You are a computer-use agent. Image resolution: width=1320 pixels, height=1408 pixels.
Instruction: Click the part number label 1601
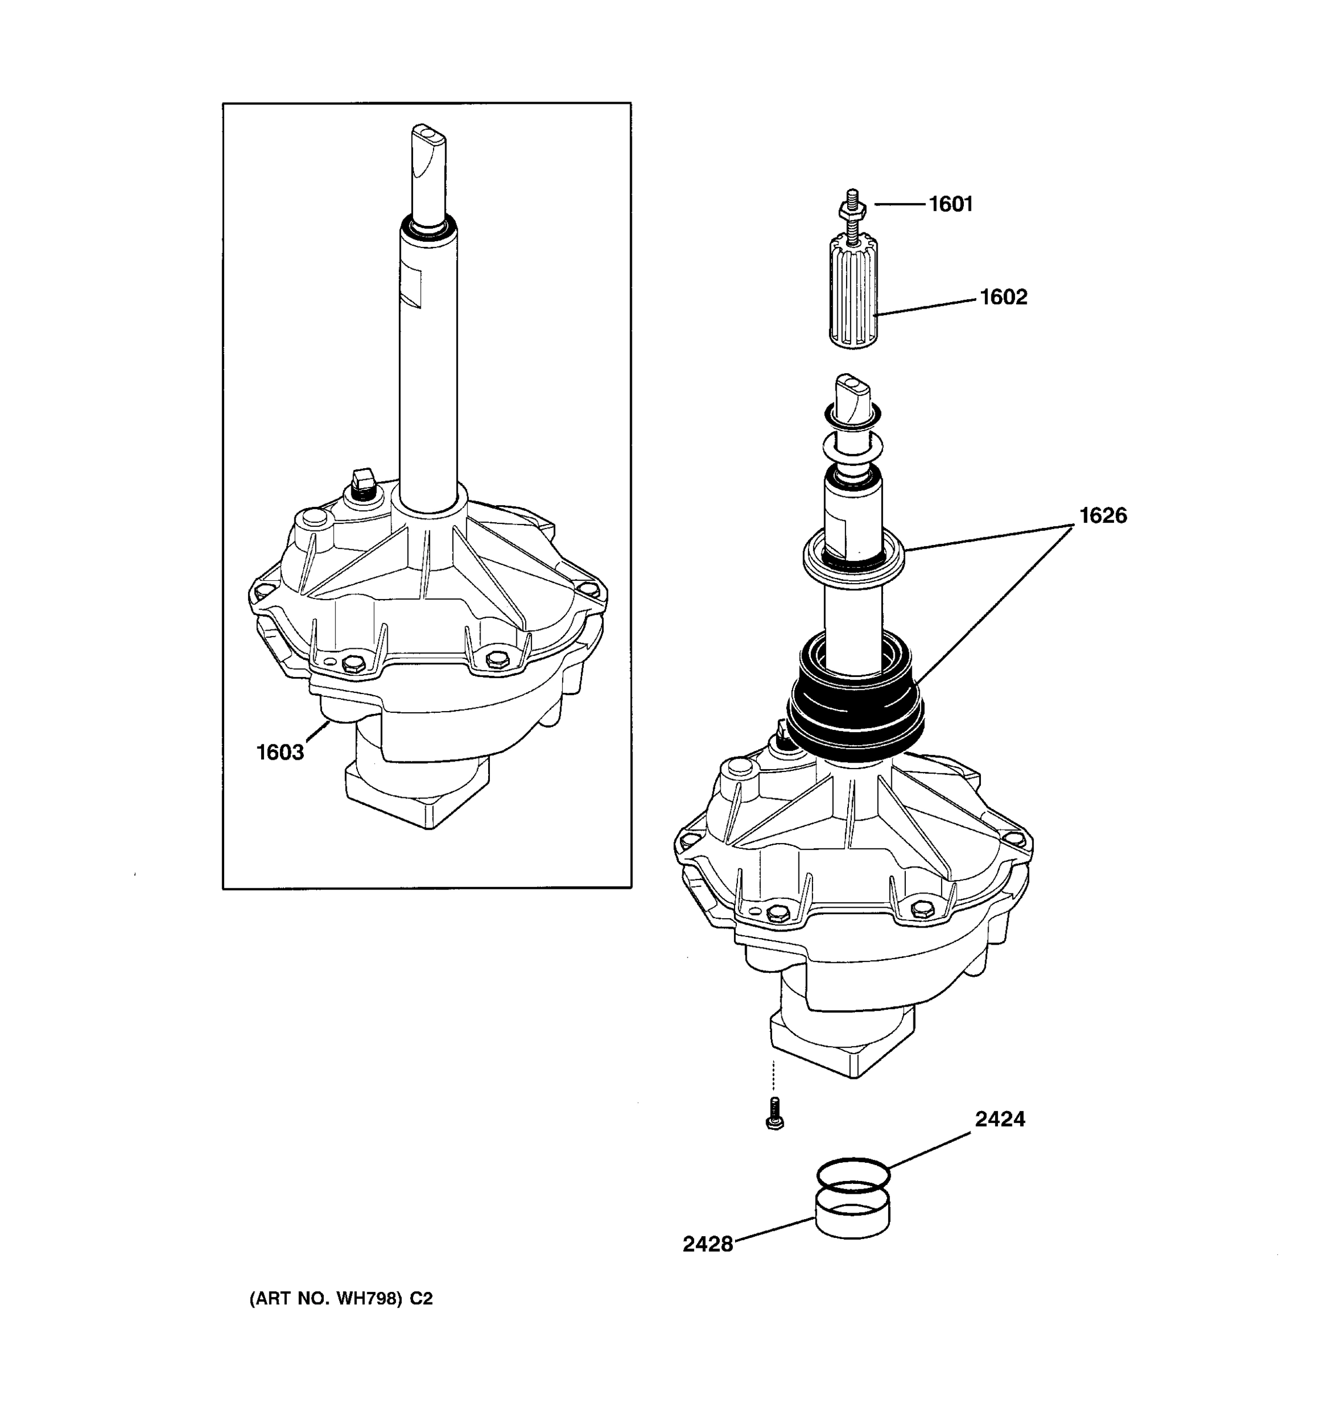pyautogui.click(x=950, y=204)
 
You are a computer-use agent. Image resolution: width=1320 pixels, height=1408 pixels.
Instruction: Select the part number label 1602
pyautogui.click(x=1003, y=297)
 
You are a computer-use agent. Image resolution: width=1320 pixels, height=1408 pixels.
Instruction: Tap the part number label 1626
pyautogui.click(x=1102, y=515)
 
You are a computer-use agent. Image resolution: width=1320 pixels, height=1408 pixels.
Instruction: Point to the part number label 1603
pyautogui.click(x=280, y=752)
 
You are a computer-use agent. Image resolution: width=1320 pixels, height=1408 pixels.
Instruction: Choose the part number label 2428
pyautogui.click(x=708, y=1244)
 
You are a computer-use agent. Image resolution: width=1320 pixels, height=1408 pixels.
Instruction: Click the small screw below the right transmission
pyautogui.click(x=775, y=1115)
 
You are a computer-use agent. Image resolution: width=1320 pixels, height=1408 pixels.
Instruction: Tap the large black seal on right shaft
pyautogui.click(x=855, y=708)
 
